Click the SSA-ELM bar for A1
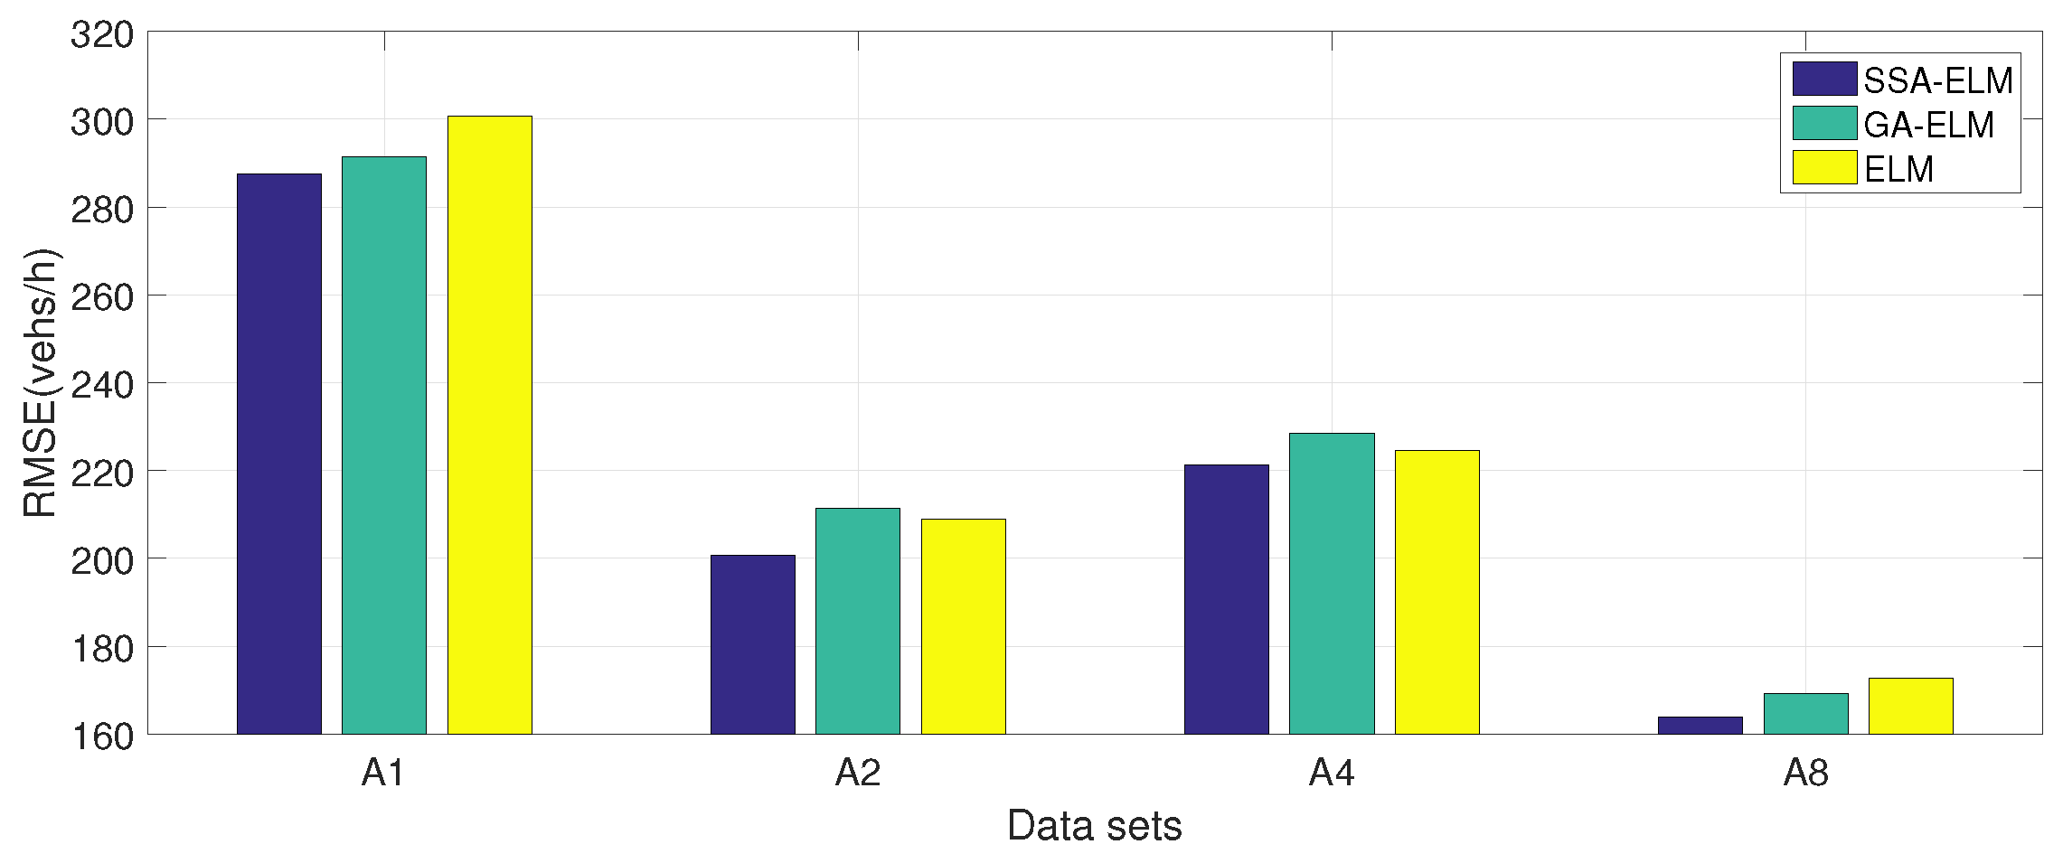(x=278, y=452)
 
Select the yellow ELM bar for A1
(x=489, y=425)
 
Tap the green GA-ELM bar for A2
(x=857, y=621)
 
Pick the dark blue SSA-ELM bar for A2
(x=752, y=643)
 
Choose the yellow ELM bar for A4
(x=1437, y=592)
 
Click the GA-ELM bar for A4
(x=1331, y=583)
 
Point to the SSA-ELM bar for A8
(x=1700, y=725)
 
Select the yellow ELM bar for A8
(x=1910, y=706)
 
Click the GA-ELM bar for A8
(x=1805, y=713)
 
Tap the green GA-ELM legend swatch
(x=1824, y=124)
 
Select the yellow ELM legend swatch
(x=1824, y=168)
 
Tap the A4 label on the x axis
(x=1331, y=773)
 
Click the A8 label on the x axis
(x=1805, y=773)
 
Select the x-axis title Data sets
(x=1094, y=826)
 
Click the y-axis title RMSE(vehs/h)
(x=40, y=383)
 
